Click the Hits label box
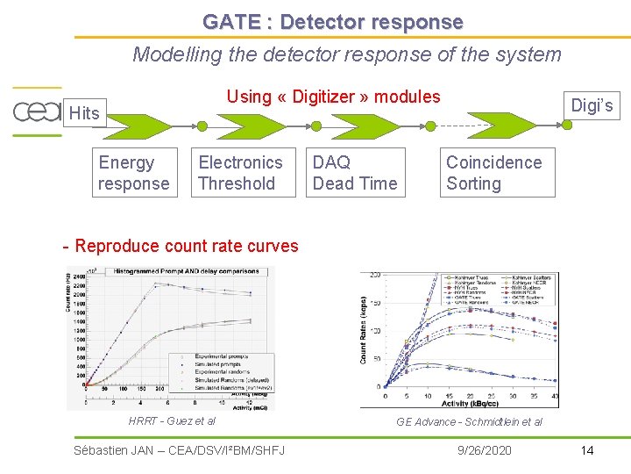pyautogui.click(x=84, y=113)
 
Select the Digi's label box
pyautogui.click(x=592, y=106)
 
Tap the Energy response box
pyautogui.click(x=134, y=173)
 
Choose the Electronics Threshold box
pyautogui.click(x=240, y=173)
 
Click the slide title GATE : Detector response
pyautogui.click(x=332, y=21)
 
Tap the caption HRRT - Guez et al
pyautogui.click(x=172, y=421)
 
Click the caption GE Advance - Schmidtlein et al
pyautogui.click(x=469, y=422)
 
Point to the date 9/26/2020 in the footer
pyautogui.click(x=485, y=450)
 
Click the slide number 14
pyautogui.click(x=586, y=450)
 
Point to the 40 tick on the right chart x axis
pyautogui.click(x=556, y=397)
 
